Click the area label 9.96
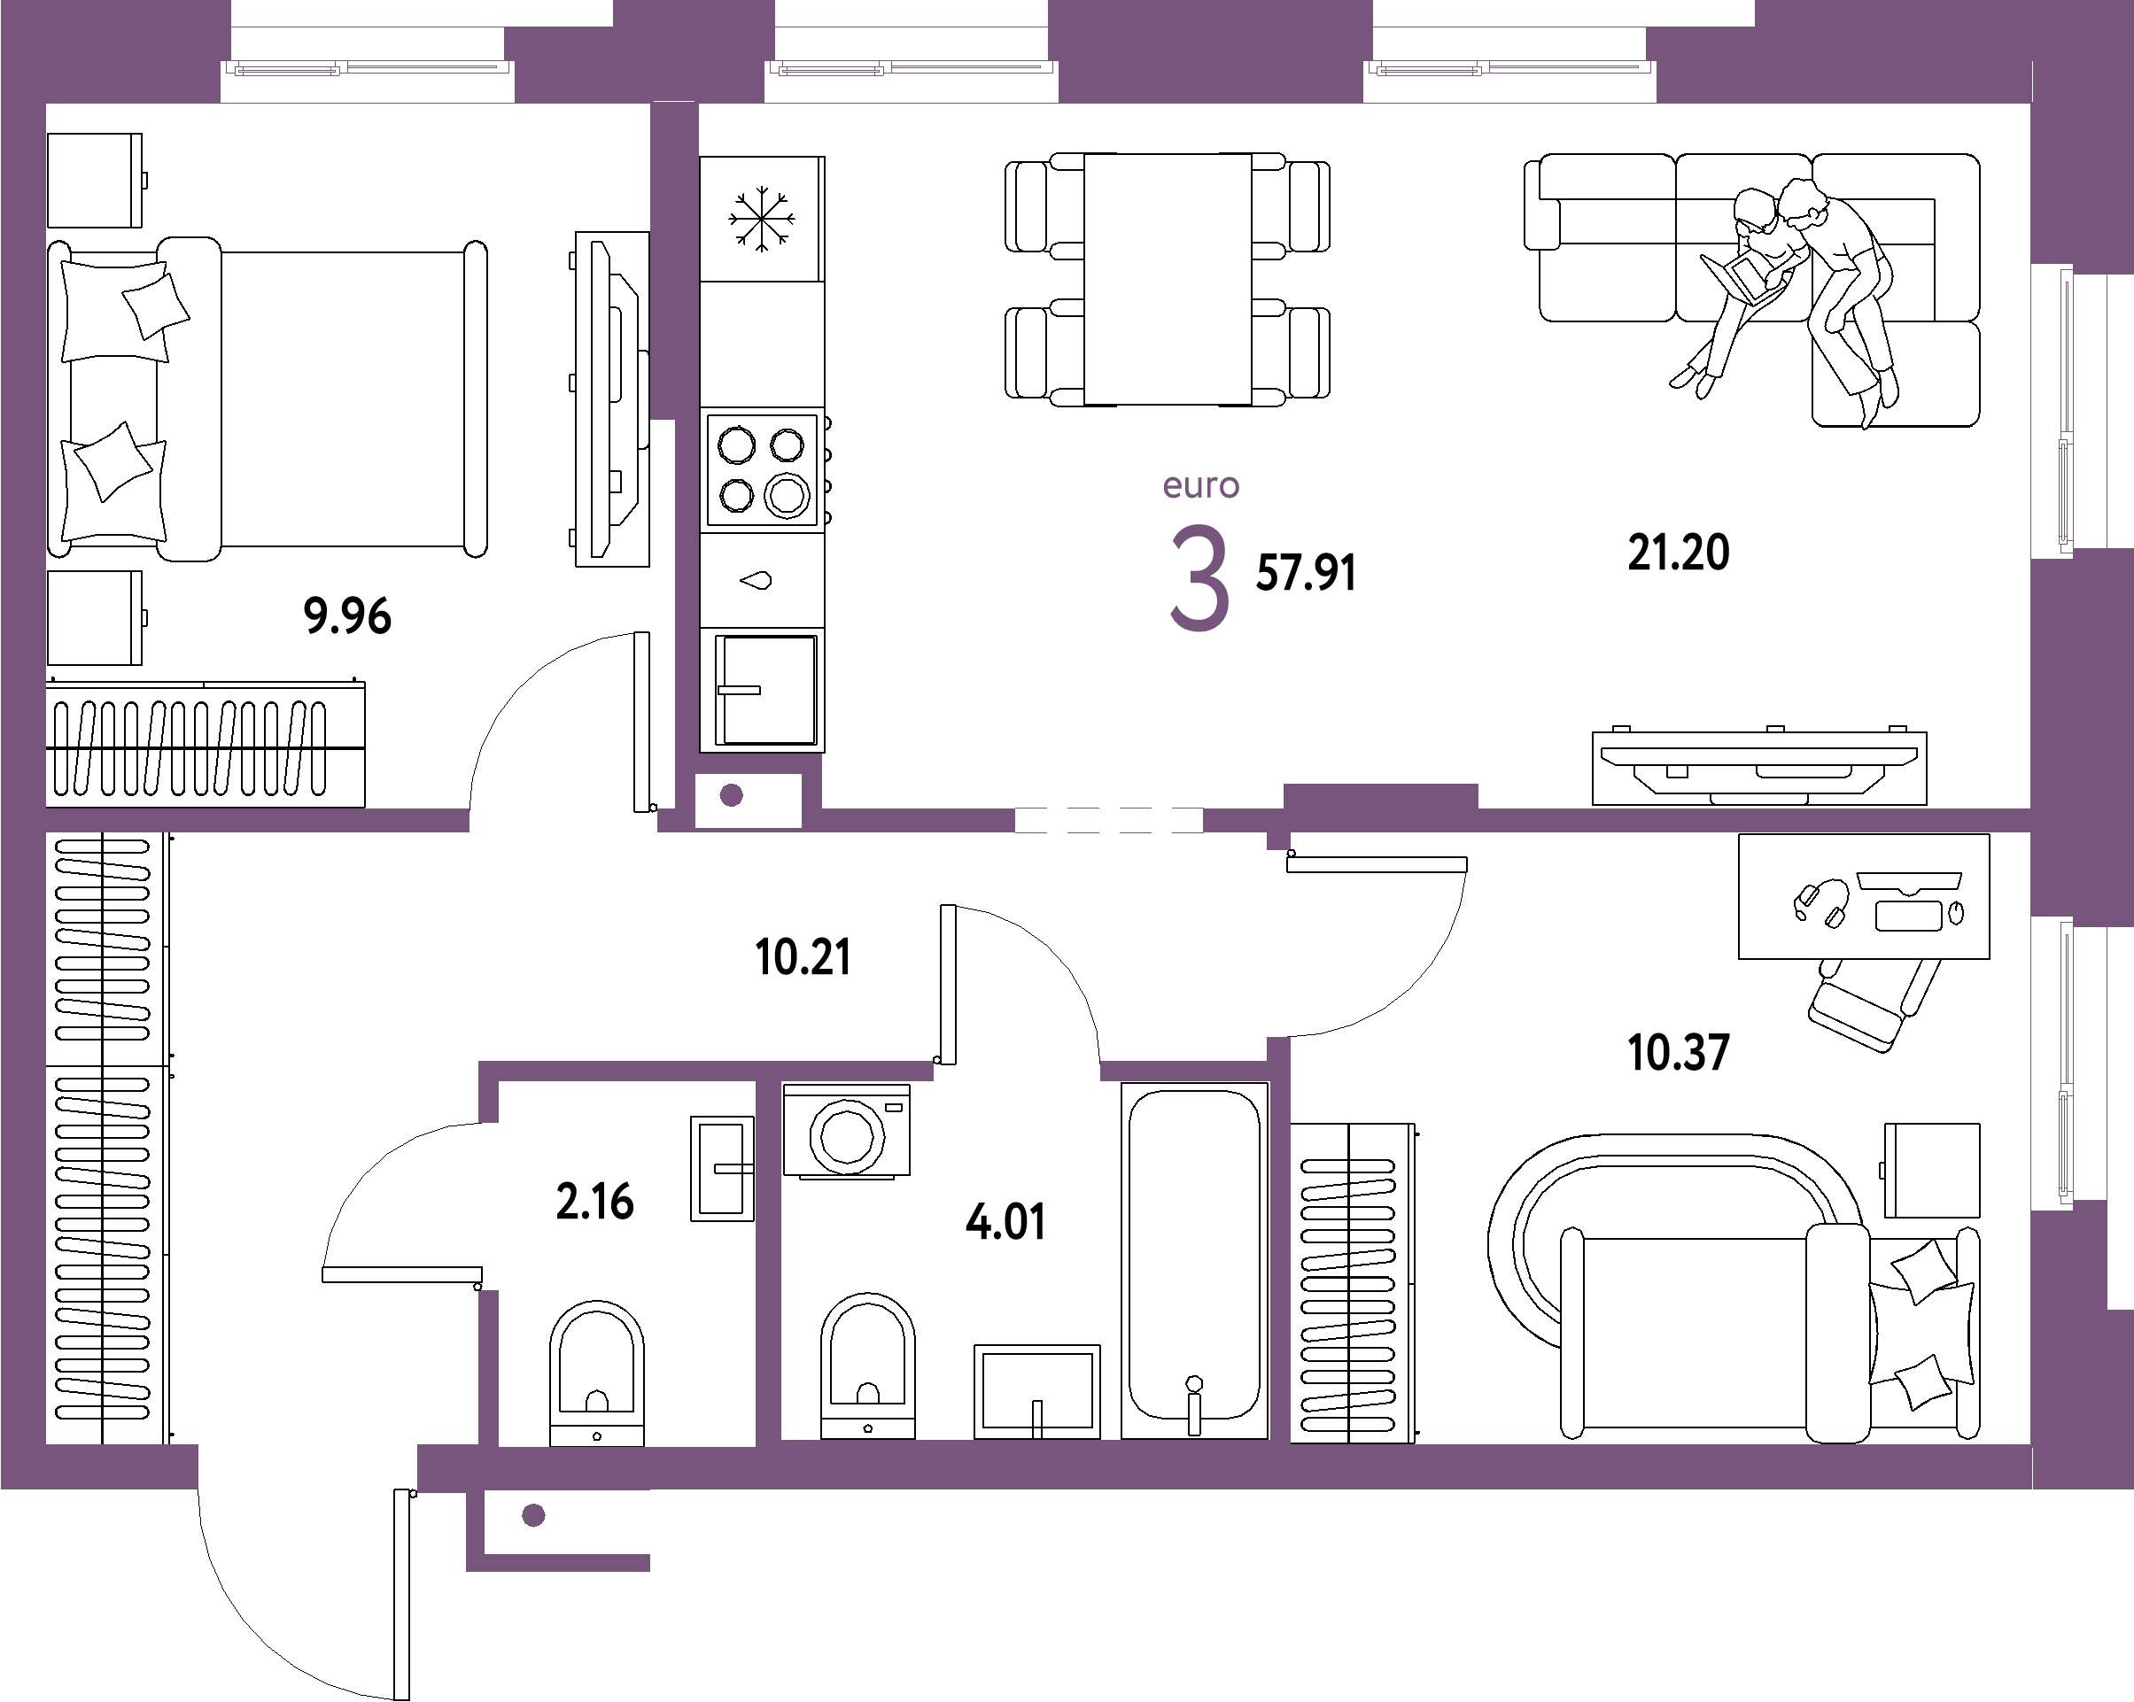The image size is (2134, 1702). click(347, 615)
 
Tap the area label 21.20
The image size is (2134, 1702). click(1678, 553)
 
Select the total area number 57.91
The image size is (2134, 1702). click(1306, 573)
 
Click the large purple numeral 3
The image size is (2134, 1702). click(1199, 578)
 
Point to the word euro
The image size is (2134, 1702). click(1200, 486)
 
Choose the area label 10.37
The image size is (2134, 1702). click(1678, 1052)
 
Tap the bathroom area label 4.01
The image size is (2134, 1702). click(1005, 1222)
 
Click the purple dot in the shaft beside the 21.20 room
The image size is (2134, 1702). click(732, 795)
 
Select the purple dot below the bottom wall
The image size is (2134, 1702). click(533, 1515)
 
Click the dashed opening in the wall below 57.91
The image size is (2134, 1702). click(1108, 820)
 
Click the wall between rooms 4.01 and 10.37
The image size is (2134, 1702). click(1280, 1247)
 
